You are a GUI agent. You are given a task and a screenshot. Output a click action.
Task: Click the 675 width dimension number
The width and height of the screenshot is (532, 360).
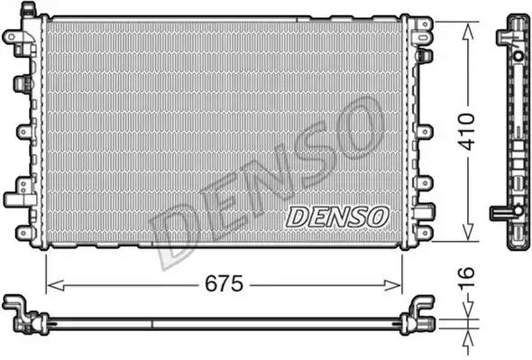[224, 283]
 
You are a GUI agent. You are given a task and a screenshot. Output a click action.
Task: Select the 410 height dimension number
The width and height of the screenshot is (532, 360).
[466, 132]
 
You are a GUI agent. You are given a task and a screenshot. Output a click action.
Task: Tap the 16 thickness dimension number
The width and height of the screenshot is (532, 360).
[466, 278]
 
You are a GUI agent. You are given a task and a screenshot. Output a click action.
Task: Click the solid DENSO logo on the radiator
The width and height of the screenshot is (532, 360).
[337, 217]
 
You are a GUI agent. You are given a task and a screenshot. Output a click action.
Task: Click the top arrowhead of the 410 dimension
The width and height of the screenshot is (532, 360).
[467, 32]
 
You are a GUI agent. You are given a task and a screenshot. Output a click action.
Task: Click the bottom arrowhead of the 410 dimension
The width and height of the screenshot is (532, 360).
[468, 231]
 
